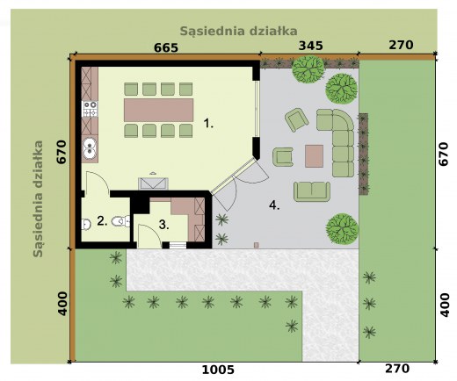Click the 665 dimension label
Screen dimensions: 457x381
point(166,47)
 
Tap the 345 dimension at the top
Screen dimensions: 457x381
point(310,46)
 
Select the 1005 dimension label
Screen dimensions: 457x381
point(218,370)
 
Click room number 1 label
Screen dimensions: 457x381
point(208,123)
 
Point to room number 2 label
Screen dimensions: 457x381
point(102,220)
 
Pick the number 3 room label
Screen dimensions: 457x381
point(164,225)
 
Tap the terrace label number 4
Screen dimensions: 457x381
point(274,205)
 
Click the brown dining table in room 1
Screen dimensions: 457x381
point(158,110)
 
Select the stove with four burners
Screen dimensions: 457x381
point(90,109)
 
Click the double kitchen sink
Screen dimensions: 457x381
point(90,148)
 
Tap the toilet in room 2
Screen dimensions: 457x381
point(120,221)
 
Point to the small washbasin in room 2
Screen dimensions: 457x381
point(86,225)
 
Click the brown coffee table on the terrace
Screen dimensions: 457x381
point(314,156)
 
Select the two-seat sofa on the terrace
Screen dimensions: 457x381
point(312,191)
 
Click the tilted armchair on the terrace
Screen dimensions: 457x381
point(296,120)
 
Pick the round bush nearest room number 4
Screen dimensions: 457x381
point(342,228)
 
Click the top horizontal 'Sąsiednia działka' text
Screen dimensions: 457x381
point(238,31)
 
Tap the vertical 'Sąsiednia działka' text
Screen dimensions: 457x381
point(38,199)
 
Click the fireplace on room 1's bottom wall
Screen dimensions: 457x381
point(153,183)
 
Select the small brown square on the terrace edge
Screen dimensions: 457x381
point(257,245)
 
